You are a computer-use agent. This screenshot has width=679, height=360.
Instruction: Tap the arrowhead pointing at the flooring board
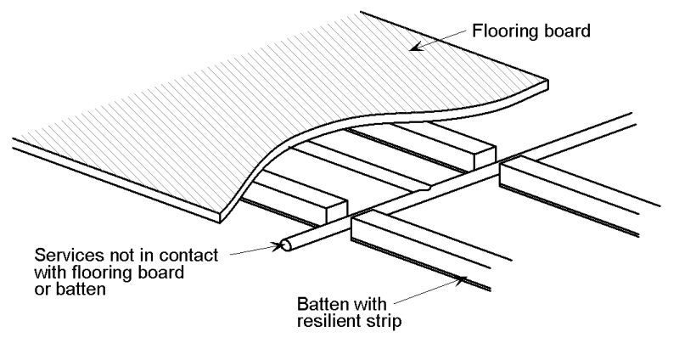[x=415, y=48]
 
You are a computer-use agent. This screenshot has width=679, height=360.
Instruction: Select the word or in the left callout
[x=42, y=289]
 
